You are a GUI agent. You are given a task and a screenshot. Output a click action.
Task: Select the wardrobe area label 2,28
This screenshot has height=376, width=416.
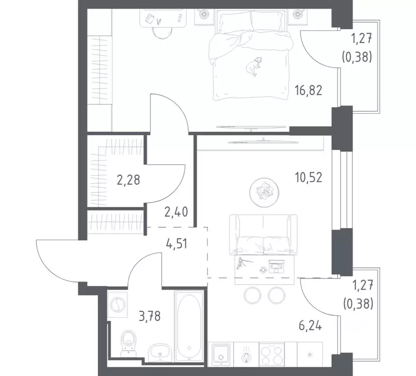click(x=128, y=180)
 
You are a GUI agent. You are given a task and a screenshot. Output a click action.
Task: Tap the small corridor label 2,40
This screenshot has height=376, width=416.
click(x=175, y=213)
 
